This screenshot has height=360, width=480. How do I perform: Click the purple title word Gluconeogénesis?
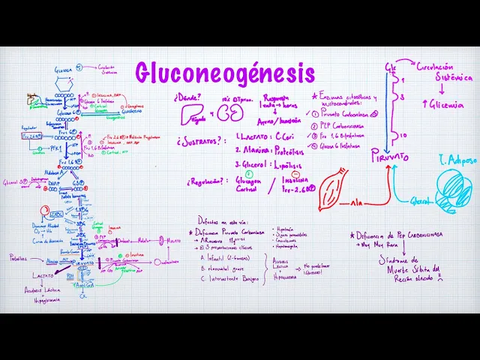225,73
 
